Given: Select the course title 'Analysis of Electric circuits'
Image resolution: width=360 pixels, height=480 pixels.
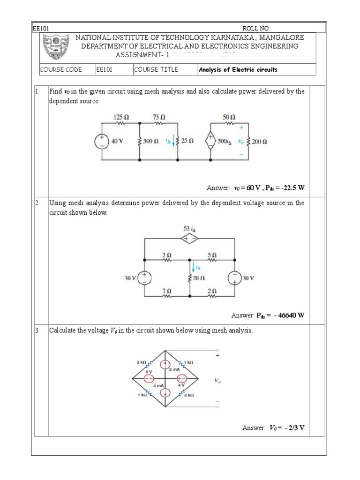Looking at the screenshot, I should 238,70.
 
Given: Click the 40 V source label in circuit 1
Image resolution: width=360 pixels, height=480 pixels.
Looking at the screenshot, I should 117,141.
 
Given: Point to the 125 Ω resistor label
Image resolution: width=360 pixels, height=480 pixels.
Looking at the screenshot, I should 121,116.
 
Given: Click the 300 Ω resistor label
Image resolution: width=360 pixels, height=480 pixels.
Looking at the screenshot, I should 151,141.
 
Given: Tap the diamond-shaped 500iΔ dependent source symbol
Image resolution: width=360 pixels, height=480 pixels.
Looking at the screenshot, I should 210,140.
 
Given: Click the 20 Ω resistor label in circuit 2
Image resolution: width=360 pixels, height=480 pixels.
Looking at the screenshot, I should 199,278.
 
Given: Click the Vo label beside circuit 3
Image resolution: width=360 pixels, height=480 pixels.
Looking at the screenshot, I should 217,381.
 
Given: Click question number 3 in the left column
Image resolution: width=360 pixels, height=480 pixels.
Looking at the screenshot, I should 36,330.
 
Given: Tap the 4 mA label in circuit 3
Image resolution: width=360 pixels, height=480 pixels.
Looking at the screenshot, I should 157,385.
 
